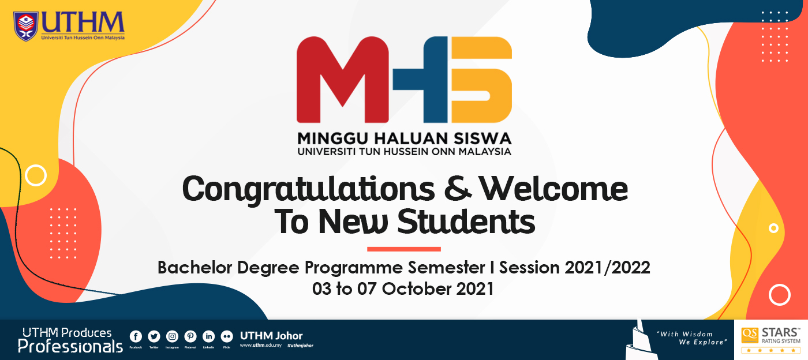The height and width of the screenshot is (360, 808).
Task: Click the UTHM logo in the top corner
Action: [69, 25]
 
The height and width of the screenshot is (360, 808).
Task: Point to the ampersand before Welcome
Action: [459, 189]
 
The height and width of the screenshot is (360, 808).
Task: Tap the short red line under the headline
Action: [404, 249]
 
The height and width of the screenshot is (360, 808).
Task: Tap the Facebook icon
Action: [136, 337]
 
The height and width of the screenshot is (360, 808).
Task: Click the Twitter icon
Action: [154, 337]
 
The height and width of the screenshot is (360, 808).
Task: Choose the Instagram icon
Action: [172, 337]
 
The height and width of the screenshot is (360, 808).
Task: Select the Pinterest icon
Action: [190, 337]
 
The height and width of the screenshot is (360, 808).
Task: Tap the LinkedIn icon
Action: [208, 337]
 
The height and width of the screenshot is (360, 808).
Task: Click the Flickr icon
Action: [227, 337]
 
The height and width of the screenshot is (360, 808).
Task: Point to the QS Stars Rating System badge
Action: [771, 340]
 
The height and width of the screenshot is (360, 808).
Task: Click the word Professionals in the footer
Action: [70, 346]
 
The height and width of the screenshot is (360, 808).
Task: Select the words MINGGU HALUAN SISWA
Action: [404, 139]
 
